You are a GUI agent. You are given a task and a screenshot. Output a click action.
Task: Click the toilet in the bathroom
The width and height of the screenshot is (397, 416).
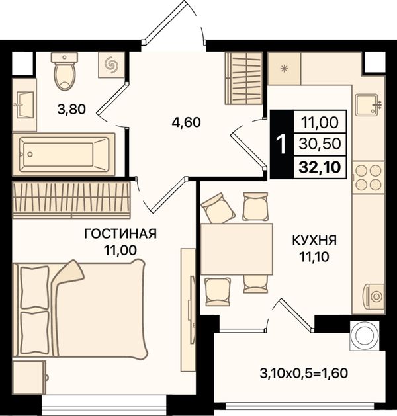(x=64, y=71)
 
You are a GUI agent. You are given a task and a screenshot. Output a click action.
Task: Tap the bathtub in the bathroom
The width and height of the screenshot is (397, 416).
(x=64, y=154)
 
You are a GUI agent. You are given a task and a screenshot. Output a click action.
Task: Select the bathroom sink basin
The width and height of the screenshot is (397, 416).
(x=24, y=104)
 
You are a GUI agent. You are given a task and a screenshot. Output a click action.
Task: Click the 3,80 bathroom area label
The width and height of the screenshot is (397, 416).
(x=71, y=109)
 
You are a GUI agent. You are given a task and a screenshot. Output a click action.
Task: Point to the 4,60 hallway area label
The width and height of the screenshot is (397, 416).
(x=186, y=122)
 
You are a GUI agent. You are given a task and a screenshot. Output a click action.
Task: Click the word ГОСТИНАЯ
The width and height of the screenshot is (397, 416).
(x=120, y=234)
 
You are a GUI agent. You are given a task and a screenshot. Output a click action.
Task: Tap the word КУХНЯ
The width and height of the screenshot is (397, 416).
(x=314, y=240)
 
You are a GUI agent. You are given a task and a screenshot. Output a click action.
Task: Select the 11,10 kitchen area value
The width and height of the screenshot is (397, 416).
(x=314, y=257)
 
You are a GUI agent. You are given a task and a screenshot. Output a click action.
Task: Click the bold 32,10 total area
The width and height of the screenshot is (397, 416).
(x=320, y=167)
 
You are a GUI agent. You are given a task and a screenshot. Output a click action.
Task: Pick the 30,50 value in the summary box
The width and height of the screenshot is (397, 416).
(x=320, y=144)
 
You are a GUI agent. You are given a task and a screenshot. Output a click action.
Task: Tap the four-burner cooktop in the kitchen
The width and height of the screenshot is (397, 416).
(x=369, y=177)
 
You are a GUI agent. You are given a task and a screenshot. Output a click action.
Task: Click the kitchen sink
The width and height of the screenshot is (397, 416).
(x=368, y=105)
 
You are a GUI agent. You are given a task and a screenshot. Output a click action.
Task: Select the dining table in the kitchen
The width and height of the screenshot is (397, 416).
(x=237, y=249)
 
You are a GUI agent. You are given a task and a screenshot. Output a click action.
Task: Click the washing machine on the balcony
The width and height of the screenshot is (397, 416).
(x=365, y=335)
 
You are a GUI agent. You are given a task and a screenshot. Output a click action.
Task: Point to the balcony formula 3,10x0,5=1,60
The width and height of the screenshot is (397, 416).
(x=304, y=373)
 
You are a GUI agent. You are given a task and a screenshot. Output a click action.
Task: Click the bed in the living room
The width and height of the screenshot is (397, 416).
(x=80, y=310)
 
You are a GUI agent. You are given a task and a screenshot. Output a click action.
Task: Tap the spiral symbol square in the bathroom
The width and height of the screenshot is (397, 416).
(x=111, y=65)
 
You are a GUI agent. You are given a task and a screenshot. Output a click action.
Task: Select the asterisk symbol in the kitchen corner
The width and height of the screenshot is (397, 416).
(x=285, y=68)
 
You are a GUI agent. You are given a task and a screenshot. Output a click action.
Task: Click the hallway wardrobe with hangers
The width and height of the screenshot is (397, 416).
(x=244, y=78)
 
